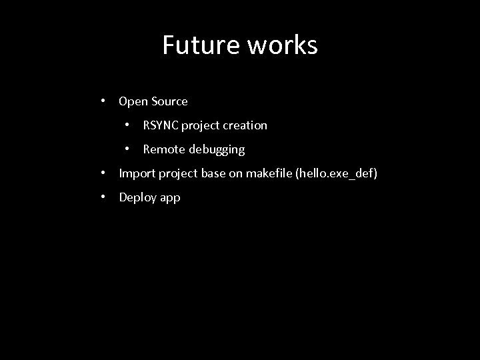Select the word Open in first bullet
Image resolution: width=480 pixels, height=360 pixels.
pyautogui.click(x=132, y=101)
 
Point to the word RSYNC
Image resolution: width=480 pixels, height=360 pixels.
pyautogui.click(x=160, y=125)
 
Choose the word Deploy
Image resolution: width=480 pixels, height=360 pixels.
pyautogui.click(x=137, y=198)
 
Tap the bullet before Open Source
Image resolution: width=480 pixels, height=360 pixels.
pyautogui.click(x=104, y=101)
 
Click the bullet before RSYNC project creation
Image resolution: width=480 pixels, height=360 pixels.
pyautogui.click(x=128, y=125)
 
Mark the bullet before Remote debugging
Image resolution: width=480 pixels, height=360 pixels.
pyautogui.click(x=128, y=149)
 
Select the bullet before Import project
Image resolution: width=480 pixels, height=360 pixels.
pyautogui.click(x=104, y=173)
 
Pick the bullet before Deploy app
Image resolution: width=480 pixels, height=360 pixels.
pyautogui.click(x=104, y=197)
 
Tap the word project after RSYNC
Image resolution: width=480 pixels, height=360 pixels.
pyautogui.click(x=200, y=126)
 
